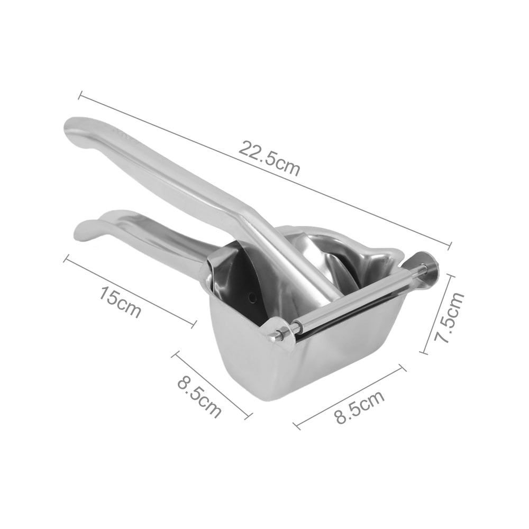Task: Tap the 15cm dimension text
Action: click(x=120, y=303)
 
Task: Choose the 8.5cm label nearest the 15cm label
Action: click(x=199, y=397)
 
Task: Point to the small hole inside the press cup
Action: click(x=253, y=297)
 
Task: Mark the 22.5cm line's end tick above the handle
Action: click(x=80, y=96)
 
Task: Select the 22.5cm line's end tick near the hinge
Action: click(x=450, y=245)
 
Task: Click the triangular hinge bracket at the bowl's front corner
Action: click(x=280, y=332)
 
